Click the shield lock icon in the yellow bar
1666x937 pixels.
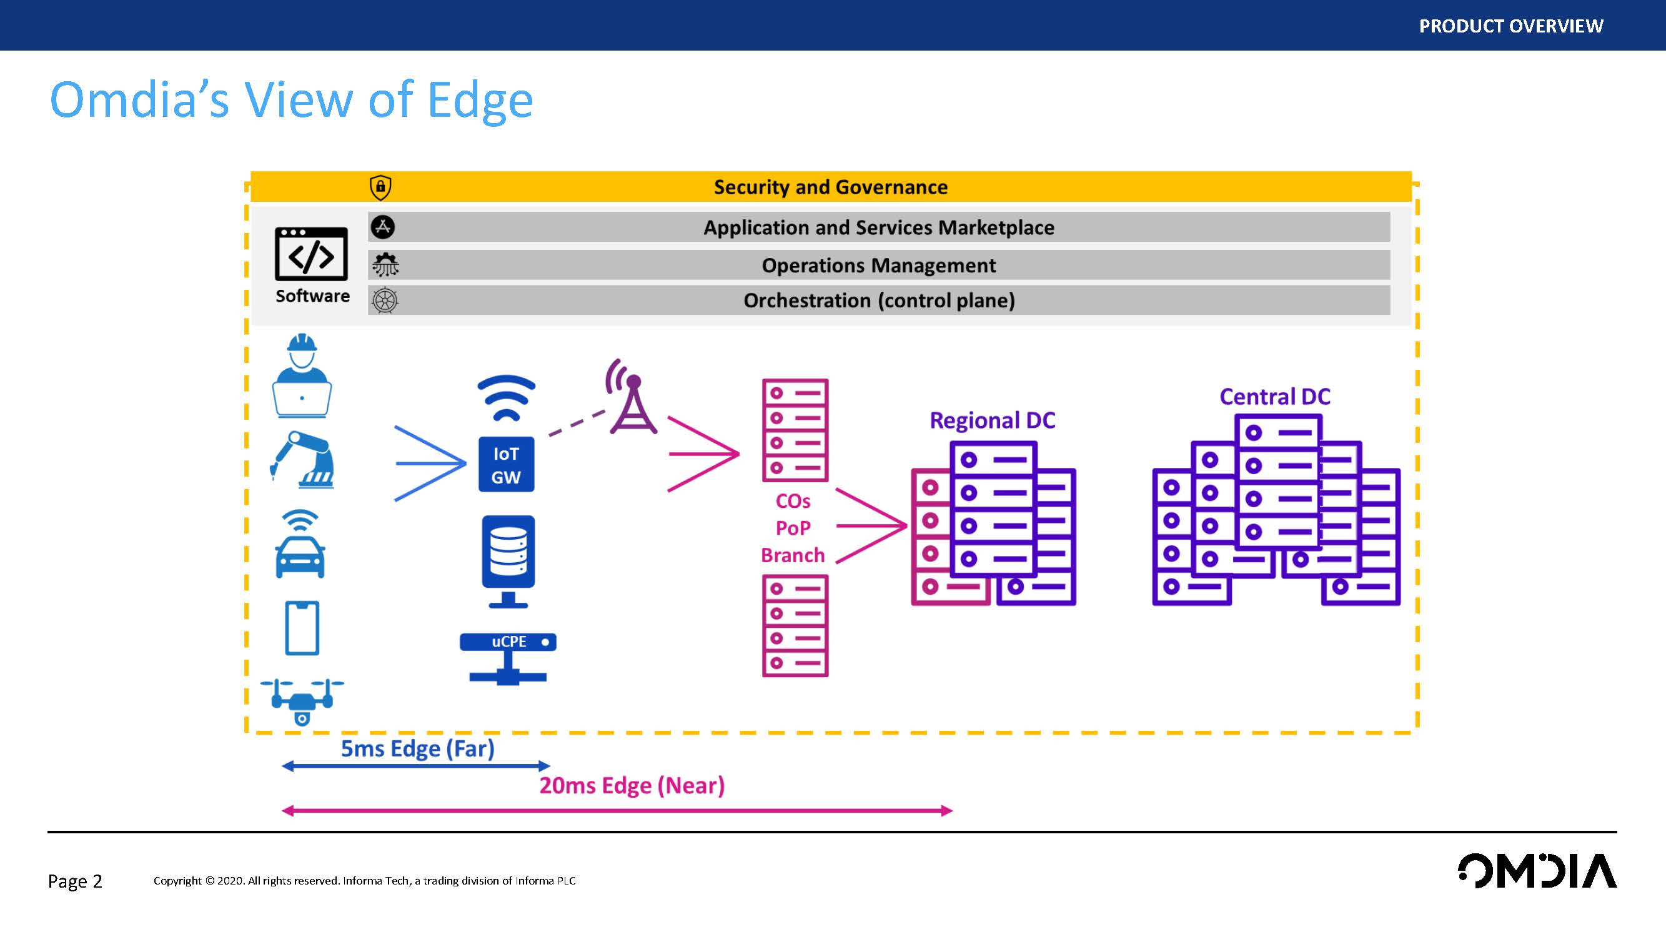(x=380, y=187)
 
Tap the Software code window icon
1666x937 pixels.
(x=311, y=254)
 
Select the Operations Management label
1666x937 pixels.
(x=878, y=265)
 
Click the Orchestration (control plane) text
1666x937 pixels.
(x=878, y=300)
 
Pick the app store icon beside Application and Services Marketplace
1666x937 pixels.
(x=383, y=227)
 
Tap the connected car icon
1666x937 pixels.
(x=300, y=545)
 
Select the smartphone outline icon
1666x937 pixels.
(x=302, y=628)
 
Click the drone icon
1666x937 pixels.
(x=302, y=701)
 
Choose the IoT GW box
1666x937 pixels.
(x=506, y=465)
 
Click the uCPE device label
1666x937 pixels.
(x=508, y=642)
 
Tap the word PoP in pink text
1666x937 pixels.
(x=793, y=528)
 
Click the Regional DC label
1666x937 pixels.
(x=992, y=420)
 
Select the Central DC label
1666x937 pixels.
(x=1275, y=397)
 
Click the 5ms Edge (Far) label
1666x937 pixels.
(x=417, y=749)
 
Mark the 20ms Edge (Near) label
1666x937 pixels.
(x=632, y=786)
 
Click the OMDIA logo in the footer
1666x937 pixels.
(x=1537, y=871)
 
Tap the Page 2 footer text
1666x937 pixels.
(x=75, y=881)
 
